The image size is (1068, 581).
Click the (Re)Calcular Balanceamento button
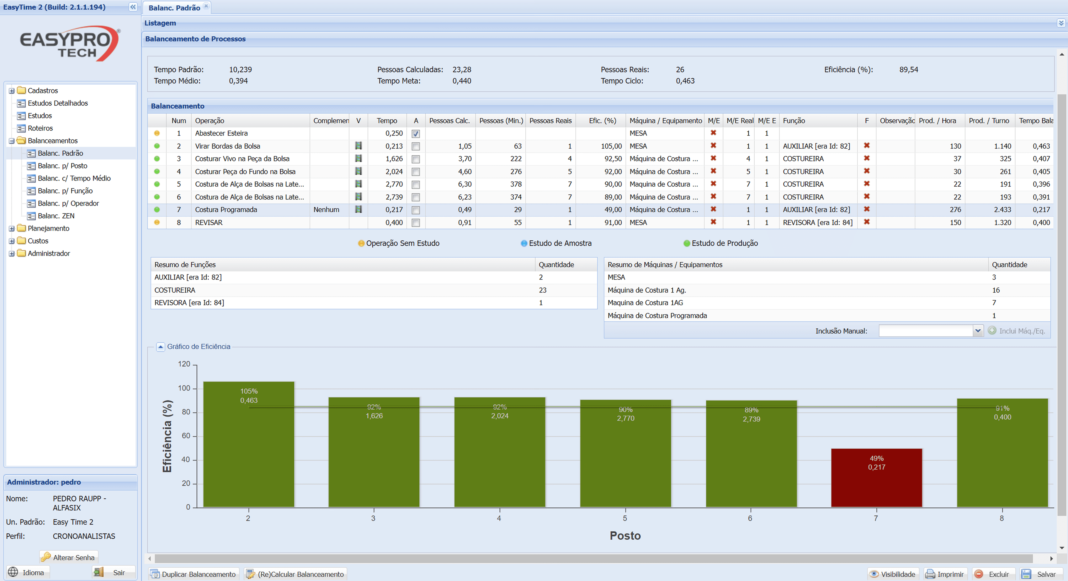coord(296,574)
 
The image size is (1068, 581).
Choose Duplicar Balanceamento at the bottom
coord(194,574)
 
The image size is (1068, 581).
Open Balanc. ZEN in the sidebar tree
coord(56,216)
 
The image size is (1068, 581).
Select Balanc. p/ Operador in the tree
coord(68,203)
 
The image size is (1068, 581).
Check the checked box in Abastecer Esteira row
coord(415,134)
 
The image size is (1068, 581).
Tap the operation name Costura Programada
coord(226,209)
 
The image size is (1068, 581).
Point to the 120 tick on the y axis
coord(184,364)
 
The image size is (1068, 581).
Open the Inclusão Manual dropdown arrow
coord(978,331)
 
